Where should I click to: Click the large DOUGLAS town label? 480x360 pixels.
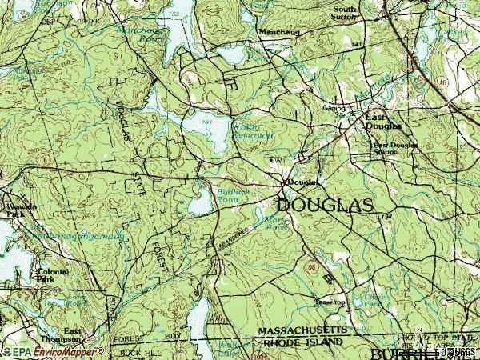tap(325, 206)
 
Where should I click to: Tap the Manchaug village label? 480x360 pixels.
tap(277, 32)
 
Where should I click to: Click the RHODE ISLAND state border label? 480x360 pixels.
tap(303, 342)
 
